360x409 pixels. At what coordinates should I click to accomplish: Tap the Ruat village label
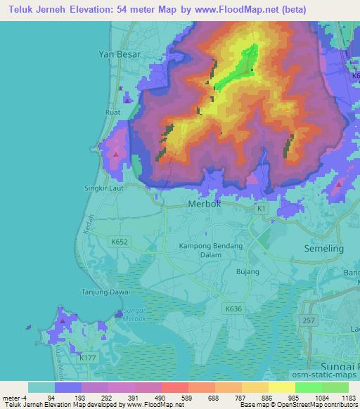[x=112, y=112]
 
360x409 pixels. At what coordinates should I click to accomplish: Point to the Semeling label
[x=323, y=249]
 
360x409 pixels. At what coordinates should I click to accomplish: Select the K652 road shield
[x=120, y=240]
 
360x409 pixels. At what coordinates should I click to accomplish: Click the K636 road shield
[x=233, y=308]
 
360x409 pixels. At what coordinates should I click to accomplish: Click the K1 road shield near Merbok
[x=262, y=209]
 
